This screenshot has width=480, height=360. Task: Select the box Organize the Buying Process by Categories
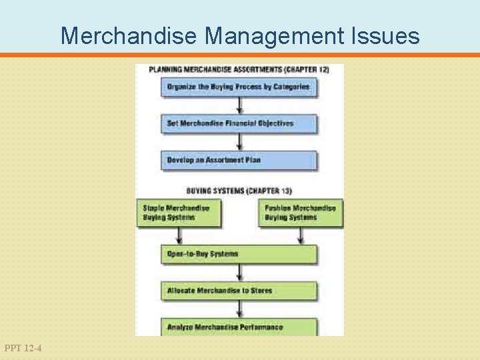pos(239,87)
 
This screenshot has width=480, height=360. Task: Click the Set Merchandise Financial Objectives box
pos(239,123)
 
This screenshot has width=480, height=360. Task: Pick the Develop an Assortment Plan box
pos(239,160)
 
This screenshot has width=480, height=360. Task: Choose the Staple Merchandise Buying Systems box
pos(178,213)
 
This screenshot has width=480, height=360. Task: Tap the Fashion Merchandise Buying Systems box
pos(301,213)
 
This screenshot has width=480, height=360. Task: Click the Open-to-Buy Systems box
pos(239,254)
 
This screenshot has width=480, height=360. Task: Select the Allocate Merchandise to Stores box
pos(239,291)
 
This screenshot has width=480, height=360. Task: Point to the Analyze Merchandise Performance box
pos(239,327)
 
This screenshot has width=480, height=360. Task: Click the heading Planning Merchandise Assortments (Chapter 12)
pos(238,69)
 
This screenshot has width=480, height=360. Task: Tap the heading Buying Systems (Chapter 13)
pos(239,191)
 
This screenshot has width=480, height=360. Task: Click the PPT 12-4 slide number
pos(23,348)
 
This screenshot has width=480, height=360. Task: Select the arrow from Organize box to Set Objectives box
pos(239,105)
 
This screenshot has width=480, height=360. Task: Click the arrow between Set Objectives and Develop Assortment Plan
pos(239,142)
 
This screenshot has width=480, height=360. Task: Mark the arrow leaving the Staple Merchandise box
pos(179,236)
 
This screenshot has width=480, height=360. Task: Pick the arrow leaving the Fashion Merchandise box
pos(301,236)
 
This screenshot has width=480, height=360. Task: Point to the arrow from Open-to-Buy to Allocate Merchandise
pos(239,273)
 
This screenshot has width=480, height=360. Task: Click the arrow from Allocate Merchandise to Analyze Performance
pos(239,309)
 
